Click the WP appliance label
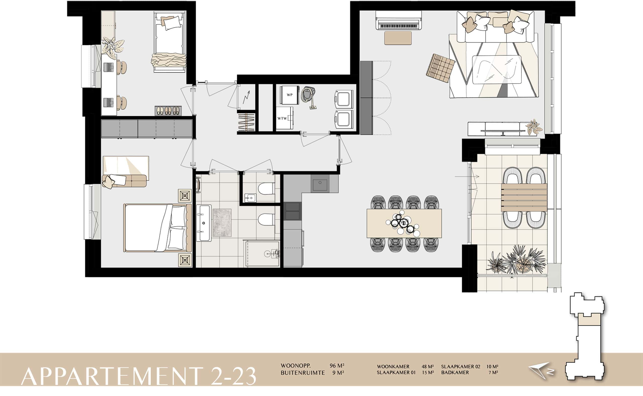pos(289,95)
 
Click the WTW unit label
pos(282,118)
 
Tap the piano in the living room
pos(398,20)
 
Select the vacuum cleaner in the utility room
pos(309,97)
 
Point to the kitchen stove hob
pos(292,211)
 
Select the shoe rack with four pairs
pos(168,111)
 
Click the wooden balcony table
pos(524,197)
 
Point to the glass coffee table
pos(497,69)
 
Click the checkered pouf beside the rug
pos(441,68)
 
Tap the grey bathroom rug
pos(222,223)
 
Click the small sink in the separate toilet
pos(251,197)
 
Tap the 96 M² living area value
pos(337,366)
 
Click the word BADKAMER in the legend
pos(455,372)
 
